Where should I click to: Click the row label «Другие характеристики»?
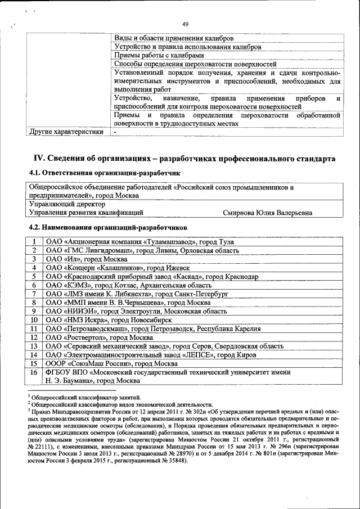click(x=66, y=132)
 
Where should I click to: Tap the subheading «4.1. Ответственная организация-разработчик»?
click(x=105, y=174)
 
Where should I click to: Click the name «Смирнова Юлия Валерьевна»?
click(x=268, y=213)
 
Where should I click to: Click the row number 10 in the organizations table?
click(x=34, y=319)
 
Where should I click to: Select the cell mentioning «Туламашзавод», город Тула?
click(x=140, y=242)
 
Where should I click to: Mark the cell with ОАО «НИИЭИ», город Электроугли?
click(x=137, y=311)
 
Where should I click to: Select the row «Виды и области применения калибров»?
click(x=170, y=38)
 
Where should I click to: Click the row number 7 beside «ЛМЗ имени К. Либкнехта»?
click(x=34, y=294)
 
